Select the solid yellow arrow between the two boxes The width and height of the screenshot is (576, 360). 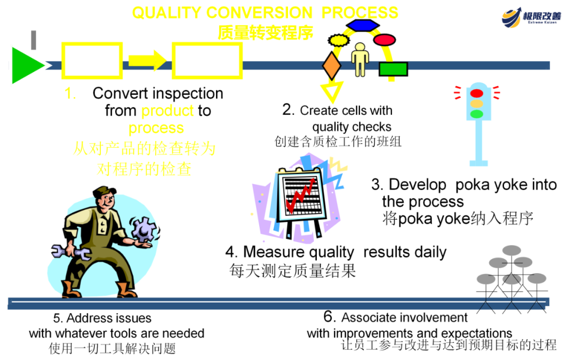tap(147, 60)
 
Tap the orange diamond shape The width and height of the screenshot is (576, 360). tap(332, 66)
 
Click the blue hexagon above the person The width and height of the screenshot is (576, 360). tap(362, 25)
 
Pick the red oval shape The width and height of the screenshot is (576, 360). tap(384, 39)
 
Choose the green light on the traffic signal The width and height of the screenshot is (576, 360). tap(477, 114)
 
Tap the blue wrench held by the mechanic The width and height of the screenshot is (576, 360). tap(70, 251)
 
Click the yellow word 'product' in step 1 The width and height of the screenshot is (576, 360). tap(167, 110)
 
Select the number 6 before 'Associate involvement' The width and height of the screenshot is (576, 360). tap(329, 317)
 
